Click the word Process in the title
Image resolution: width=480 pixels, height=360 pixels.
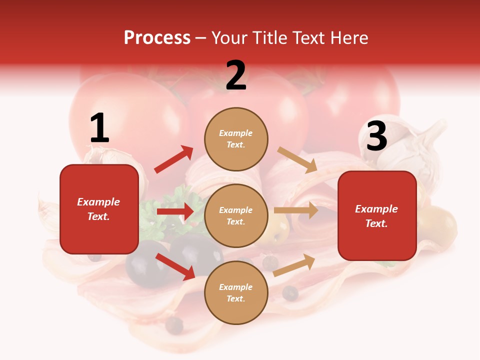click(x=157, y=38)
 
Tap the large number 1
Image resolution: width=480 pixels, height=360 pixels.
click(x=99, y=128)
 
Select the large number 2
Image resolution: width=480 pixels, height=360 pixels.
click(x=236, y=75)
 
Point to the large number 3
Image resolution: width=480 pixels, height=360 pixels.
click(x=376, y=136)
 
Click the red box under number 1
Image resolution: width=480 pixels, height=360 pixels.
click(x=99, y=209)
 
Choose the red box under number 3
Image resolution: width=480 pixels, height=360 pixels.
click(x=377, y=215)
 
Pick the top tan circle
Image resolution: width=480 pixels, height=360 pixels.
click(x=236, y=139)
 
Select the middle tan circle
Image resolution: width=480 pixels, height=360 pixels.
click(x=236, y=215)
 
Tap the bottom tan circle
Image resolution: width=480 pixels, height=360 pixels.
click(x=236, y=292)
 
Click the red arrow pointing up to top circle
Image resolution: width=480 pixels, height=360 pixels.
click(x=173, y=159)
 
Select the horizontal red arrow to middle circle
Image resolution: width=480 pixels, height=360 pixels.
click(x=175, y=211)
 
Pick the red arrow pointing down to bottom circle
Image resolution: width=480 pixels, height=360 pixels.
click(x=175, y=266)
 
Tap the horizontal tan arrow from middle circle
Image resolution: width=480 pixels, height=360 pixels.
click(x=296, y=210)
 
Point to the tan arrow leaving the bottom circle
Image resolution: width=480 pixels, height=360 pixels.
click(x=294, y=265)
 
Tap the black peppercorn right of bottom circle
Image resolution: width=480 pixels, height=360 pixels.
click(x=289, y=293)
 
